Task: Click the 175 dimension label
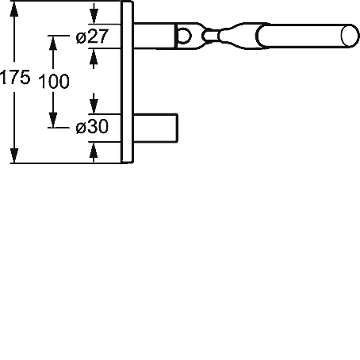tap(15, 78)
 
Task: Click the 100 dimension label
tap(54, 81)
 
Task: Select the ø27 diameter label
tap(92, 36)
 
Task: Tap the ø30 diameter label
tap(92, 126)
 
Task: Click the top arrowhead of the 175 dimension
tap(14, 10)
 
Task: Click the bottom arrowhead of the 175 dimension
tap(14, 155)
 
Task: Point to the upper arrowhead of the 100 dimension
tap(53, 43)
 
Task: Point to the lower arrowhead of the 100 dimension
tap(53, 120)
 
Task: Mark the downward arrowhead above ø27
tap(94, 17)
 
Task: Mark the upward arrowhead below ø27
tap(94, 56)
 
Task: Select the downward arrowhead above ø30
tap(94, 107)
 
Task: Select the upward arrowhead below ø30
tap(94, 149)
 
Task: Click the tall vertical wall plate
tap(127, 82)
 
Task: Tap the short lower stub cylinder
tap(155, 128)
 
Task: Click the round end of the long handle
tap(350, 36)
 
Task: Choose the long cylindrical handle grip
tap(308, 36)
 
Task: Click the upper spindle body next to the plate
tap(154, 36)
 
